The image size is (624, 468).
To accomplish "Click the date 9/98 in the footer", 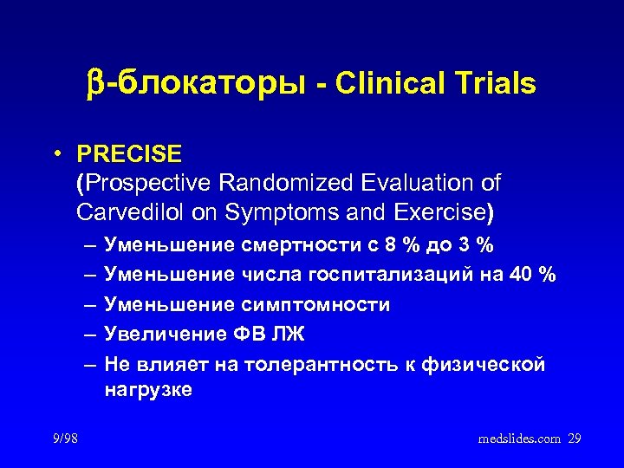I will (64, 439).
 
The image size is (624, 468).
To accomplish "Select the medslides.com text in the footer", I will (519, 439).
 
